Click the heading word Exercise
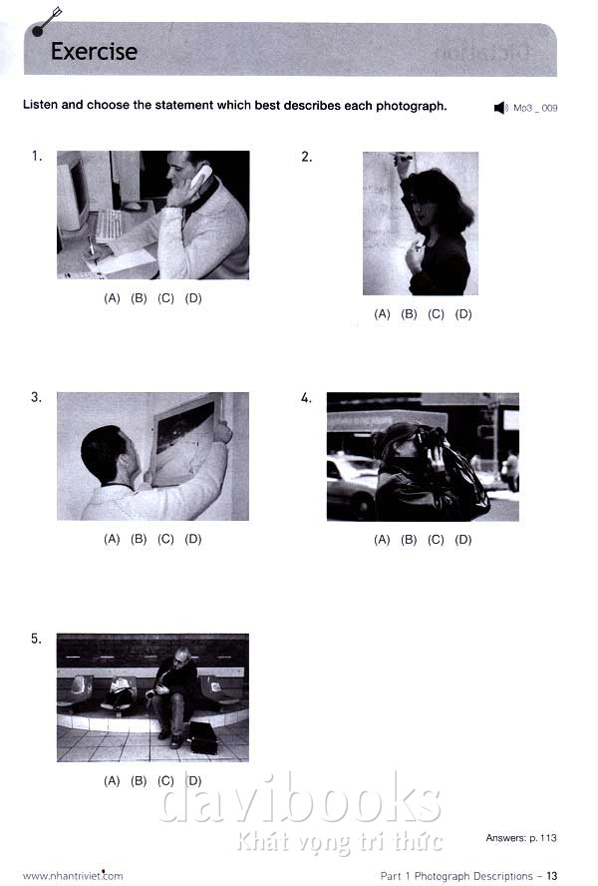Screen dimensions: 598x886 click(94, 52)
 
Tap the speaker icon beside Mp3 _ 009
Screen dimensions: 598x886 click(500, 108)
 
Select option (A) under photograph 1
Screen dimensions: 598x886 click(112, 297)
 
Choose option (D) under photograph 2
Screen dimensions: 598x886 click(463, 313)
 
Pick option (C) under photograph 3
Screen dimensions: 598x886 click(165, 539)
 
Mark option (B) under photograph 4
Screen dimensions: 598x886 click(409, 540)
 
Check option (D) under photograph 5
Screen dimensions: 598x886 click(193, 780)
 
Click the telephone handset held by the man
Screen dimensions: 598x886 click(200, 177)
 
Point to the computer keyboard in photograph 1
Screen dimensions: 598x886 click(109, 224)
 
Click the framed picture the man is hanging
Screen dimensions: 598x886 click(186, 440)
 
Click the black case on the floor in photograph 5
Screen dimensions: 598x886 click(204, 737)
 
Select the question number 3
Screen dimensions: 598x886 click(36, 397)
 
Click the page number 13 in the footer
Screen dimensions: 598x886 click(552, 876)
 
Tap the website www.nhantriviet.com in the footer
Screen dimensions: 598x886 click(73, 876)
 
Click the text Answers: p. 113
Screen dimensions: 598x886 click(521, 837)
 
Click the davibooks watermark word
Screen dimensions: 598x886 click(299, 798)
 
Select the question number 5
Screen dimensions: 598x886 click(36, 639)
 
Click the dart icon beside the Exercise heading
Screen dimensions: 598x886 click(46, 22)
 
